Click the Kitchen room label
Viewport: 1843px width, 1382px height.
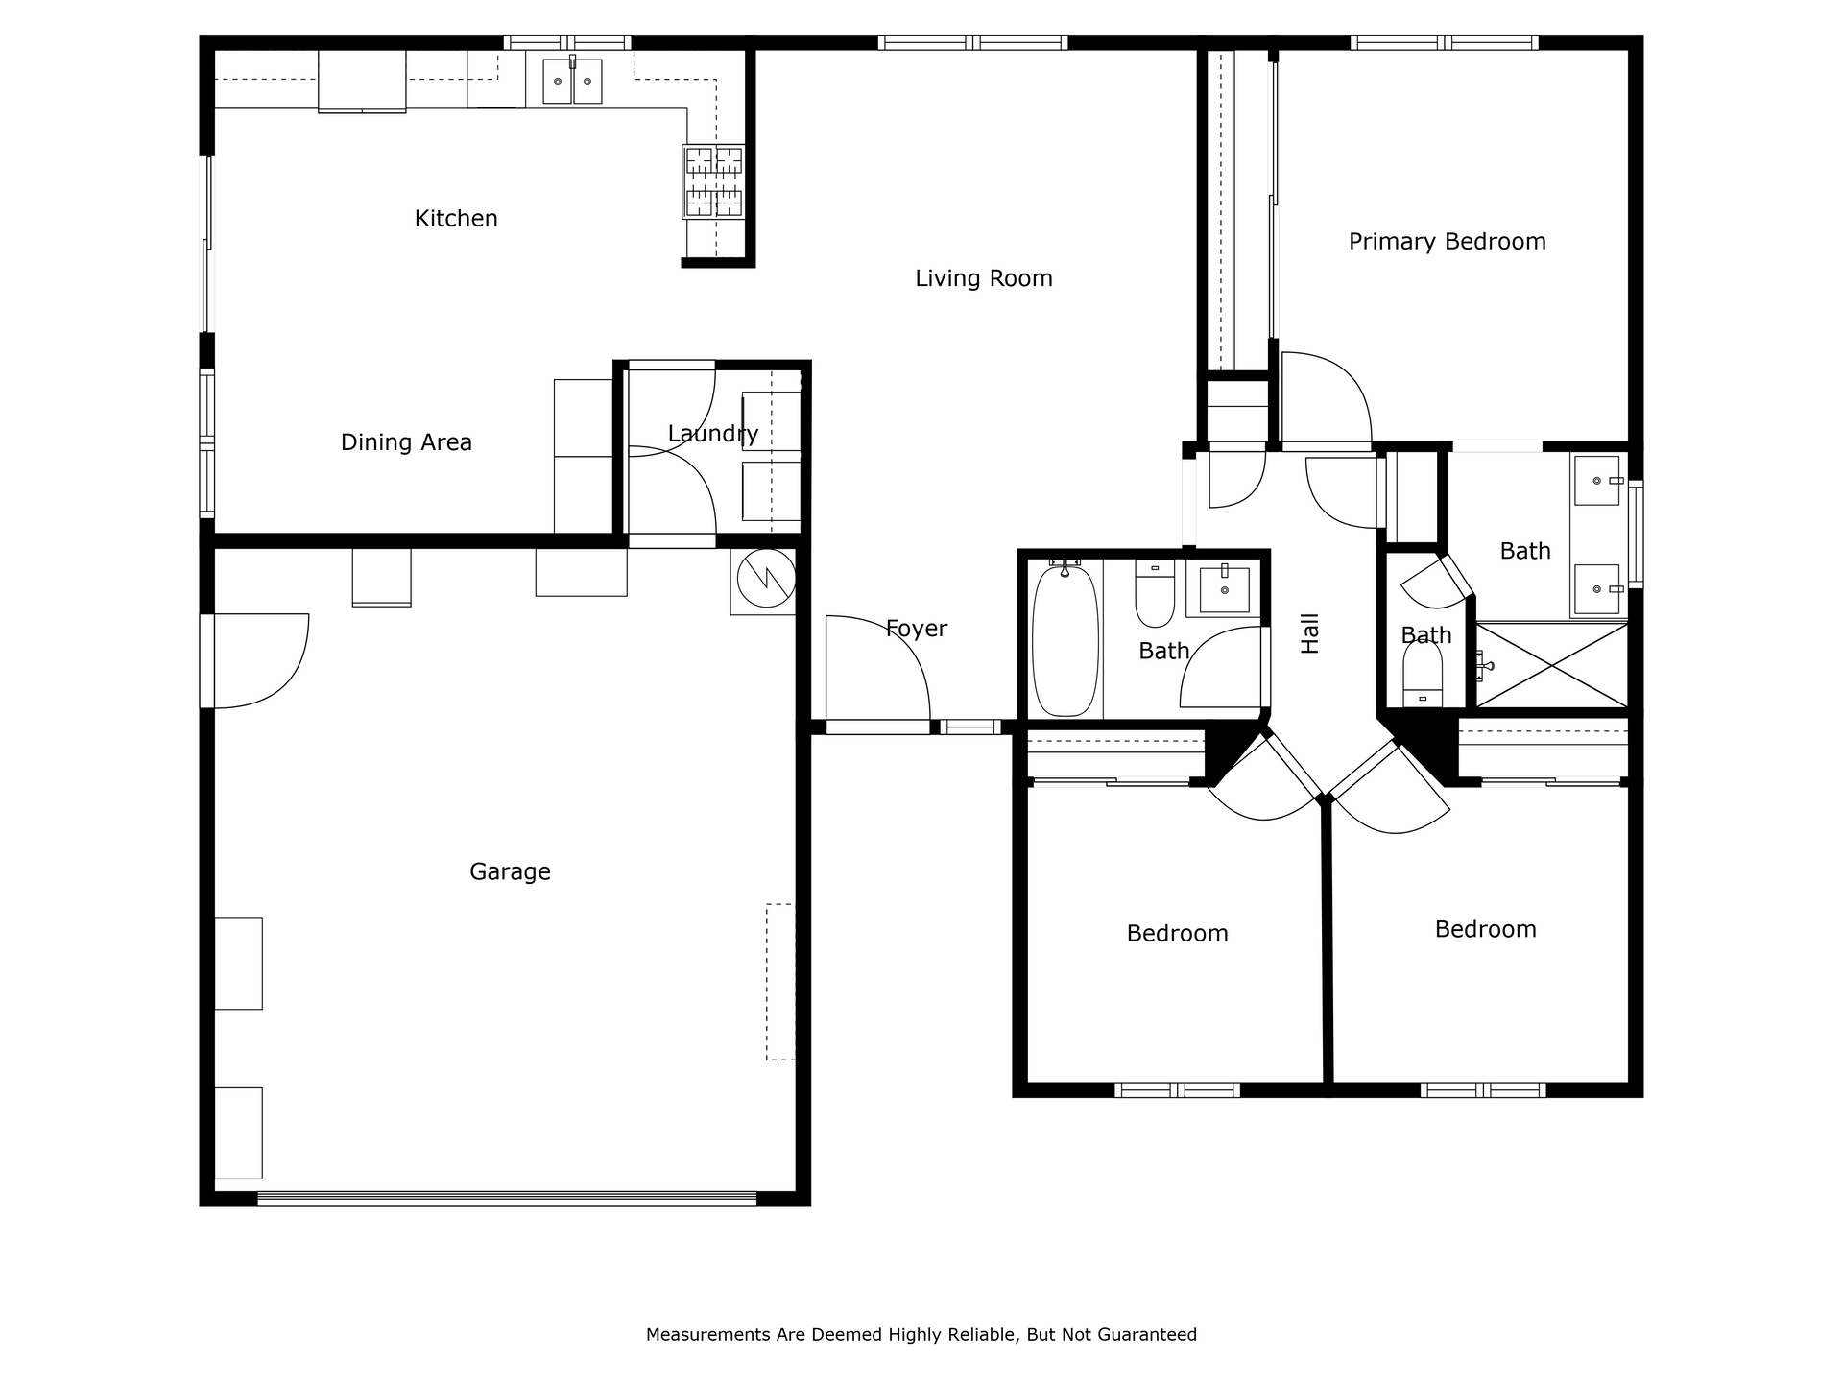[456, 219]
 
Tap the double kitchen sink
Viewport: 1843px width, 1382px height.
[572, 82]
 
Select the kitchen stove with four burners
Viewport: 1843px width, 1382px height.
[713, 182]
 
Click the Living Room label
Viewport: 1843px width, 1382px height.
[984, 278]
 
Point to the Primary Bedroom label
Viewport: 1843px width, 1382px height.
[1448, 242]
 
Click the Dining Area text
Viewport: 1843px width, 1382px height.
[406, 442]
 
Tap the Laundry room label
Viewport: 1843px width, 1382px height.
[713, 435]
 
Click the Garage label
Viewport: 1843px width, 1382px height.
[510, 872]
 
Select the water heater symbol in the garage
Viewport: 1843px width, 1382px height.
[766, 579]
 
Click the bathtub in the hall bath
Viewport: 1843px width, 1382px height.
[1065, 640]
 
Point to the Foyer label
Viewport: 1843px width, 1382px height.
[917, 629]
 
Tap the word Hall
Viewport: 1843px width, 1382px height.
[1310, 633]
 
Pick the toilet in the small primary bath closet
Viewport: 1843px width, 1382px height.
[1423, 674]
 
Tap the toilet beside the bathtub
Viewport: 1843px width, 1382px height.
[1155, 593]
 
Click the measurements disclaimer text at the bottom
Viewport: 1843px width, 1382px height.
[921, 1335]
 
